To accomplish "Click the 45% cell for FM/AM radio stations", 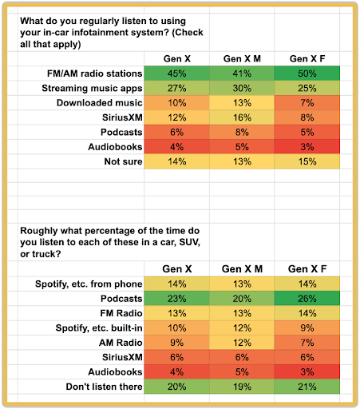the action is [176, 73].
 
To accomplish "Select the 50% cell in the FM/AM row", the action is [307, 73].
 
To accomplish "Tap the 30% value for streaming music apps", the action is [242, 88].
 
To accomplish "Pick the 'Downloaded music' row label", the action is [100, 103].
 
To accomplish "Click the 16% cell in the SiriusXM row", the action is [242, 117].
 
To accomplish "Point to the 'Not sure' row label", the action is [123, 161].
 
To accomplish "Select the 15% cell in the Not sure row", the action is [307, 161].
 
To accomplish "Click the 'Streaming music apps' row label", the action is [92, 88].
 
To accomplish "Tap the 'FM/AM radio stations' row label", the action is [95, 73].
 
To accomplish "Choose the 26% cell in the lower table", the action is [307, 298].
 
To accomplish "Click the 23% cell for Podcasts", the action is [176, 298].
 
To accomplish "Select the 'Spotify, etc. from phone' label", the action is [89, 284].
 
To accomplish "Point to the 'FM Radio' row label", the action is [121, 313].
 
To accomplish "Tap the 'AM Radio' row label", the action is [121, 343].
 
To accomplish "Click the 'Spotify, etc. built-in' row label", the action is [99, 328].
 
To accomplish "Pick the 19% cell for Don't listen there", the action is [242, 387].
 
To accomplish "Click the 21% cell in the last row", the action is [307, 387].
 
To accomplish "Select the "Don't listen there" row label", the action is [104, 387].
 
